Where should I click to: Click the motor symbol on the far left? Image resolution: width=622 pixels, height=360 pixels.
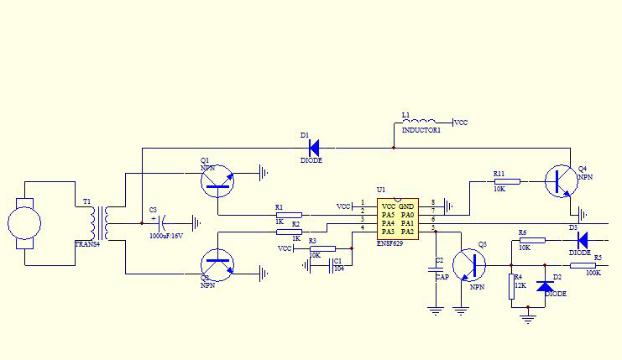[x=24, y=223]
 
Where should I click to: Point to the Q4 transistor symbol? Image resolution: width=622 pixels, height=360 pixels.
[x=561, y=181]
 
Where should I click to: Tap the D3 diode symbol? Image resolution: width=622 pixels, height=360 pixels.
[x=580, y=239]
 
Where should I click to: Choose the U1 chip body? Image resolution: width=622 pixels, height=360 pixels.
[x=397, y=221]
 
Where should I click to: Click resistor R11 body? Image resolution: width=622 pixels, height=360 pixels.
[x=507, y=181]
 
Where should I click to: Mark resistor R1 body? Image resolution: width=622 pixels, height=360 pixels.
[x=289, y=215]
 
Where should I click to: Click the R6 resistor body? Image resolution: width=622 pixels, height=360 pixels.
[x=531, y=240]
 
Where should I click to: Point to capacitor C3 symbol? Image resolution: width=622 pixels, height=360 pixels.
[x=160, y=223]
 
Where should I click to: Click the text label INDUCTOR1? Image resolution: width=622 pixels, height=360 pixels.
[x=421, y=131]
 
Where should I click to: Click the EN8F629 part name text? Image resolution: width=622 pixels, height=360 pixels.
[x=390, y=243]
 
